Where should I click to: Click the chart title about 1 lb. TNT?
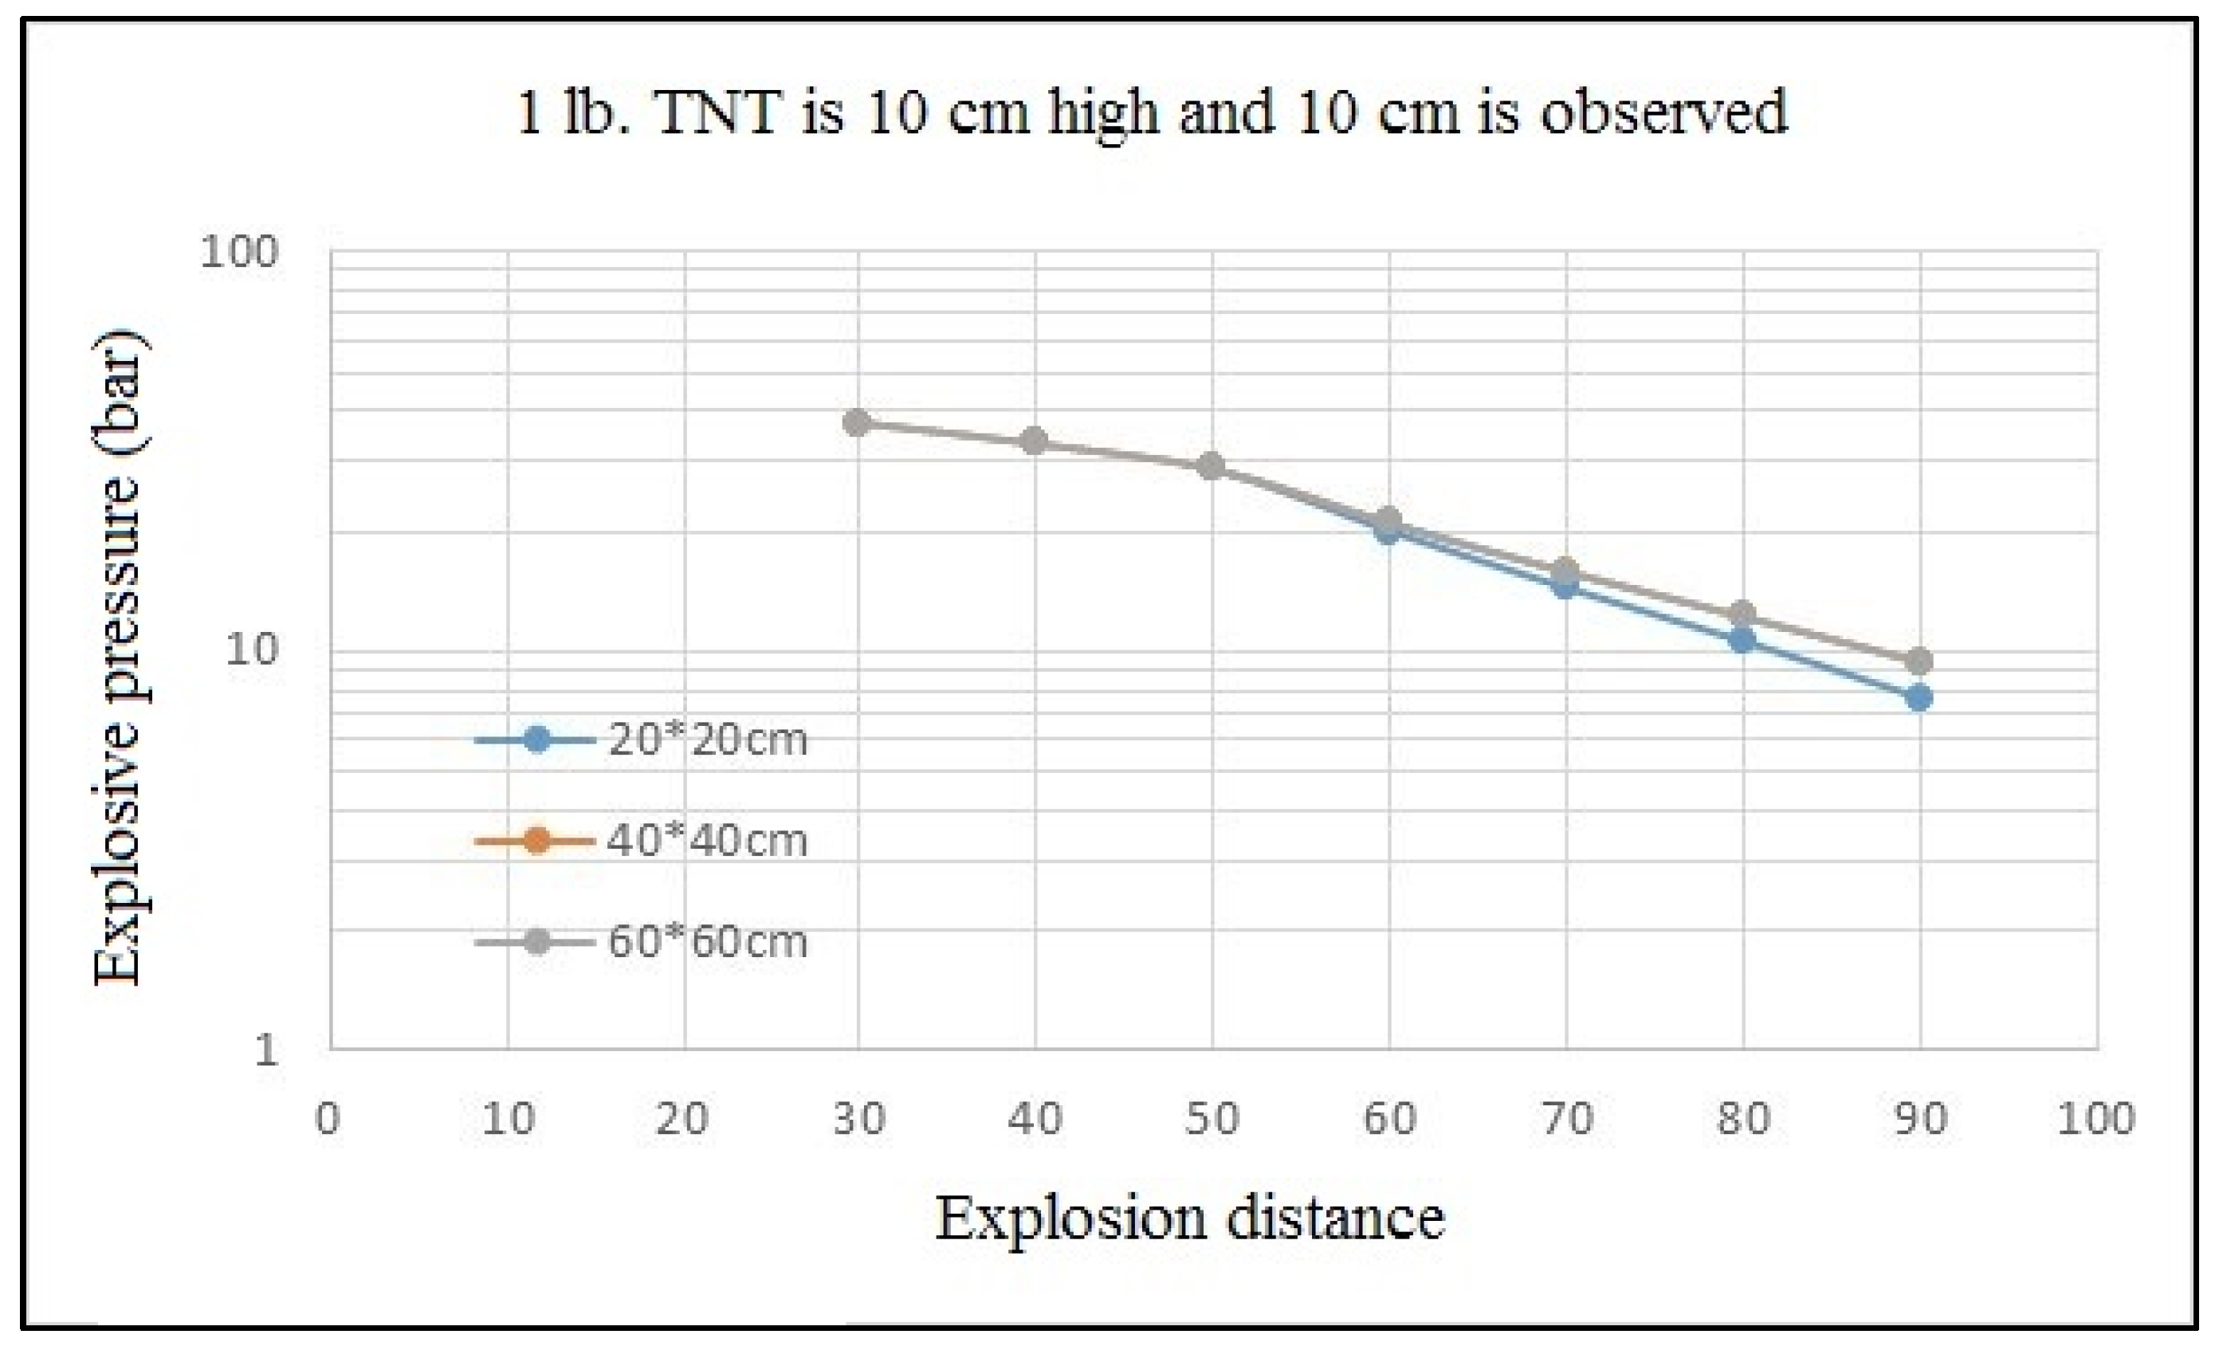pyautogui.click(x=1150, y=114)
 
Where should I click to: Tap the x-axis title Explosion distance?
pyautogui.click(x=1189, y=1218)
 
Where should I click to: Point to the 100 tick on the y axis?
pyautogui.click(x=238, y=252)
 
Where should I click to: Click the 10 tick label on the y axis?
pyautogui.click(x=250, y=649)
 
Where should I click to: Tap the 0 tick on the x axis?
pyautogui.click(x=328, y=1120)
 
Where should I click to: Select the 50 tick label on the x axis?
pyautogui.click(x=1211, y=1120)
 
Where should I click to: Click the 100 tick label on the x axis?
pyautogui.click(x=2095, y=1120)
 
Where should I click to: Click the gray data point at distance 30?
pyautogui.click(x=857, y=422)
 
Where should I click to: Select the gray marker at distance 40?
pyautogui.click(x=1034, y=441)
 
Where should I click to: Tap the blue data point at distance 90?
pyautogui.click(x=1919, y=697)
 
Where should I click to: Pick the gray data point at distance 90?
pyautogui.click(x=1919, y=661)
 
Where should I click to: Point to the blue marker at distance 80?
pyautogui.click(x=1742, y=641)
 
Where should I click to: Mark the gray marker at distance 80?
pyautogui.click(x=1742, y=614)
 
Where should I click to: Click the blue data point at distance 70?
pyautogui.click(x=1565, y=587)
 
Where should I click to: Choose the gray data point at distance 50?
pyautogui.click(x=1211, y=466)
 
